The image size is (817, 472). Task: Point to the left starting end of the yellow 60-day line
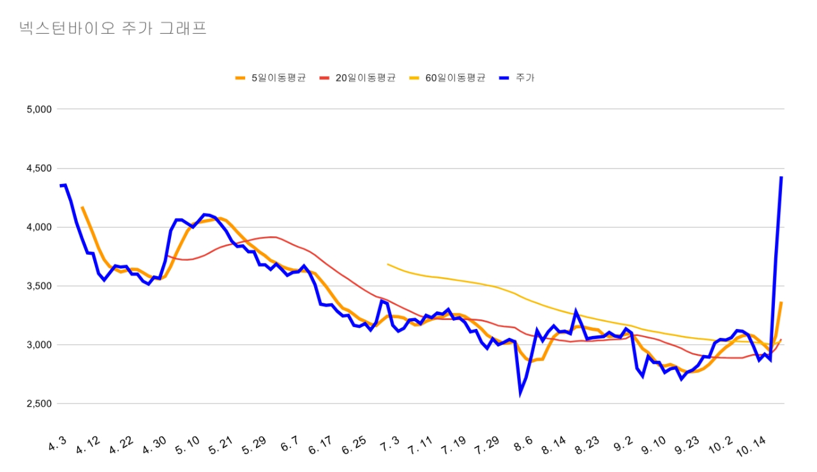[x=387, y=264]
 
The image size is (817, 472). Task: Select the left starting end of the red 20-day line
[x=166, y=255]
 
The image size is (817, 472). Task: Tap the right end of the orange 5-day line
[x=781, y=303]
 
